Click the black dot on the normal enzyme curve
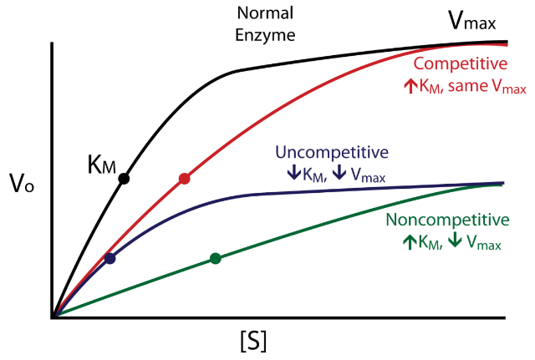(x=124, y=178)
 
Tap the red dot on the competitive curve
(x=185, y=179)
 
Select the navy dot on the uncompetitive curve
(x=110, y=258)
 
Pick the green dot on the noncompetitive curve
(x=215, y=258)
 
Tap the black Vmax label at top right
(x=473, y=22)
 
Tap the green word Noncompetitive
(x=449, y=221)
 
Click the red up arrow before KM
(x=410, y=86)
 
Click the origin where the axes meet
(x=53, y=317)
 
